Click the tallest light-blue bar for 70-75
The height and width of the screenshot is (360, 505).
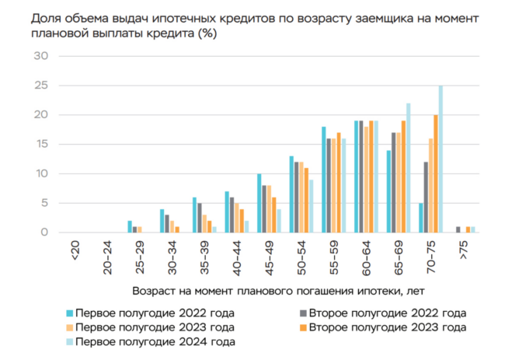click(441, 159)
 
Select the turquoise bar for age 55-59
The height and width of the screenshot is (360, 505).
click(324, 179)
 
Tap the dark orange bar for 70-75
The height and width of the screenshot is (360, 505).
click(436, 173)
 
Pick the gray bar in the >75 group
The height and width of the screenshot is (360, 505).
click(458, 229)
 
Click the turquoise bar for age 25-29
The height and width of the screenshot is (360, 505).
click(130, 226)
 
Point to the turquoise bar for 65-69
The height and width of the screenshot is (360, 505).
click(388, 190)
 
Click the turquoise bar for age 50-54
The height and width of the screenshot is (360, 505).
click(291, 194)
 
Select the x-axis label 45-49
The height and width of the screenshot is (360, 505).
click(269, 257)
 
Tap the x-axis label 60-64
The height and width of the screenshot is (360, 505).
click(367, 257)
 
